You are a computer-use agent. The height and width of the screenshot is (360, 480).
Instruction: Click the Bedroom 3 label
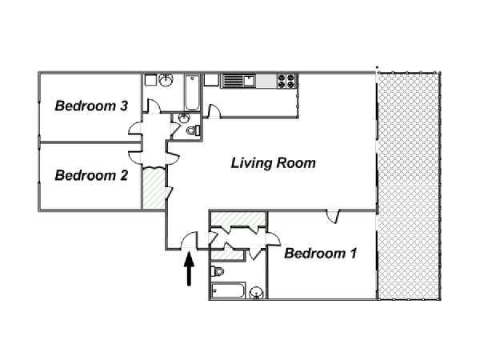(x=91, y=106)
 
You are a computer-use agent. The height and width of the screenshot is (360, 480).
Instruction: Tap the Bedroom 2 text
(x=91, y=176)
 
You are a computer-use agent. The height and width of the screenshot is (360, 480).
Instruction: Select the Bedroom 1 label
(x=321, y=254)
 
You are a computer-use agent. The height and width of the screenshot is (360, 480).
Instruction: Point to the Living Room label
(x=273, y=163)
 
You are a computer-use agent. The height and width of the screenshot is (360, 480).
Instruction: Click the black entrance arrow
(x=189, y=269)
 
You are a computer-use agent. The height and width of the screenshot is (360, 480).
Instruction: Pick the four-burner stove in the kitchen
(x=286, y=81)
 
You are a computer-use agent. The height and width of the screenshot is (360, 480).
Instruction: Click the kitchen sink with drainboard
(x=239, y=81)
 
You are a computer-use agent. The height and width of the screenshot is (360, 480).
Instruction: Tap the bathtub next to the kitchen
(x=192, y=93)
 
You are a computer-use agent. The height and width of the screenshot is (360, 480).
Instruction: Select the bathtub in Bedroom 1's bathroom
(x=228, y=290)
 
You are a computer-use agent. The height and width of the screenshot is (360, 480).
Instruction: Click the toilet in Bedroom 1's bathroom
(x=218, y=271)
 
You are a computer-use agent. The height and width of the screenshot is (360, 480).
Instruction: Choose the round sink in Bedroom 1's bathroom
(x=256, y=294)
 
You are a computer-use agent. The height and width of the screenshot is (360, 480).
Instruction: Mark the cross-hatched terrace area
(x=409, y=186)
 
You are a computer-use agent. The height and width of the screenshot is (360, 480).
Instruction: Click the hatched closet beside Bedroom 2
(x=154, y=188)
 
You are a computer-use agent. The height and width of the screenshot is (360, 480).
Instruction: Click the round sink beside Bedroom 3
(x=166, y=81)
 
